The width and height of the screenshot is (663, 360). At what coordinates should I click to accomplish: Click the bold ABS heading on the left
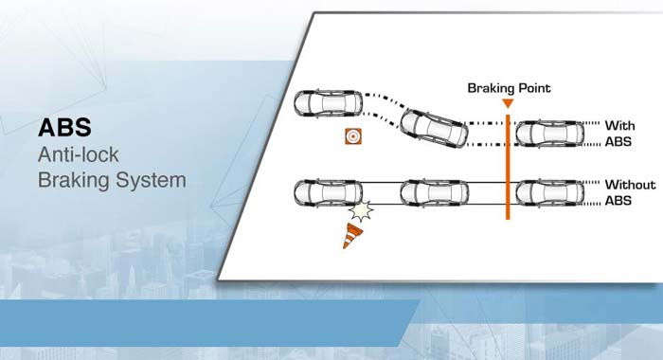coord(64,127)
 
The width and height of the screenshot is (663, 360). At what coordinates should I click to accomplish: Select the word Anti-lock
coord(79,154)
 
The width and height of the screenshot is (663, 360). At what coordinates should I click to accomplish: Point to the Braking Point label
coord(510,88)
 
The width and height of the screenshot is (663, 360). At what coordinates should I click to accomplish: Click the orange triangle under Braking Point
coord(508,103)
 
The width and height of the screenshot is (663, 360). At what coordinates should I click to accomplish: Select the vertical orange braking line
coord(508,167)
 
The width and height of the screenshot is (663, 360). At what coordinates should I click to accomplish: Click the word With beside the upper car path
coord(619,126)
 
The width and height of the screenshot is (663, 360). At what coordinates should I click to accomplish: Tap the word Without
coord(630,185)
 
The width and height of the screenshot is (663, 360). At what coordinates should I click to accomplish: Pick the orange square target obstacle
coord(353,136)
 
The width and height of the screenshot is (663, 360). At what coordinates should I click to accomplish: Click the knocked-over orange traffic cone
coord(351,236)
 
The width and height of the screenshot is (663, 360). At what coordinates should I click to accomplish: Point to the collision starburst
coord(361,210)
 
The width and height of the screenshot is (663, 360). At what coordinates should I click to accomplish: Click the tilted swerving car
coord(434,128)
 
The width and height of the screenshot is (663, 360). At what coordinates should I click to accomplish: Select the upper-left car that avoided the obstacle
coord(328,103)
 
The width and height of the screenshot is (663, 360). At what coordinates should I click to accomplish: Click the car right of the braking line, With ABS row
coord(550,134)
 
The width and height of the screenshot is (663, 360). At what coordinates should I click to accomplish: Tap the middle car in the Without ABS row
coord(434,193)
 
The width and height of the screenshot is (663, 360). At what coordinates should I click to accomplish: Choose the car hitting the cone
coord(328,193)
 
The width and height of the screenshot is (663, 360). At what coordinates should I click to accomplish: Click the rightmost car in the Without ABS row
coord(550,193)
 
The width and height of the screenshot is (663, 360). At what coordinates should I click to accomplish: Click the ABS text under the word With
coord(618,142)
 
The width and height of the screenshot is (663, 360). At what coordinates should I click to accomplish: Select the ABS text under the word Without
coord(618,201)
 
